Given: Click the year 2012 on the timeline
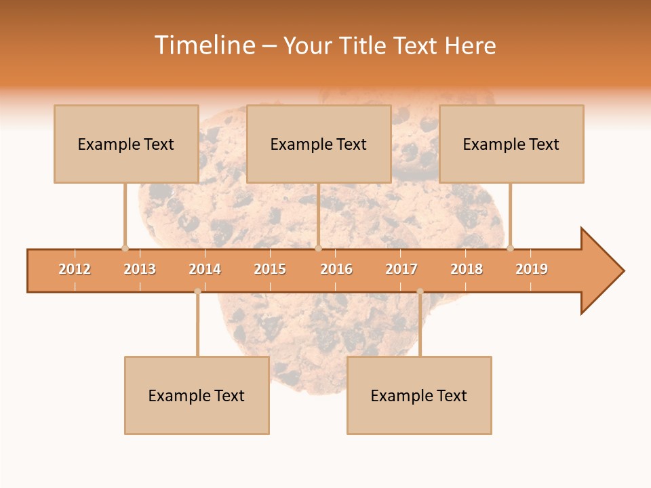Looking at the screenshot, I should [75, 269].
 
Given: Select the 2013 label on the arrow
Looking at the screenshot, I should [140, 269].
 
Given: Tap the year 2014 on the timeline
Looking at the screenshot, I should [205, 269].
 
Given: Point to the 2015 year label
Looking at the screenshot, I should [270, 269].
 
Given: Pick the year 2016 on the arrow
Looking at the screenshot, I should [336, 269].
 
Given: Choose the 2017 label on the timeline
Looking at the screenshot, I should [401, 269].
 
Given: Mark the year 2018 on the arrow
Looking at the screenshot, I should [467, 269].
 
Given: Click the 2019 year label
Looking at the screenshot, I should [532, 269].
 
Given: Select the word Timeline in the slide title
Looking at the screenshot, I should [204, 45].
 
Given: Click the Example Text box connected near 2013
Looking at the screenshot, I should [126, 144].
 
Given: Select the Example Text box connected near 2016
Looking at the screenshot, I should [319, 144].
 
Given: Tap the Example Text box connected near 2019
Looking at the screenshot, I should [511, 144].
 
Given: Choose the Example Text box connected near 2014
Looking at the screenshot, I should [197, 395].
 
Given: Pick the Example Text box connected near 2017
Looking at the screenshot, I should [419, 395].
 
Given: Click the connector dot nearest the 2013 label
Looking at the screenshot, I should [125, 248].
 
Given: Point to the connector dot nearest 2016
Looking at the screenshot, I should [318, 248].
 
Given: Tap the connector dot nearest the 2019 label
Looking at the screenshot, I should [510, 248].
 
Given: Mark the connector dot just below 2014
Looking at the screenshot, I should [197, 291].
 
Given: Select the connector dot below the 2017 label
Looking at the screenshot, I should [420, 291].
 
